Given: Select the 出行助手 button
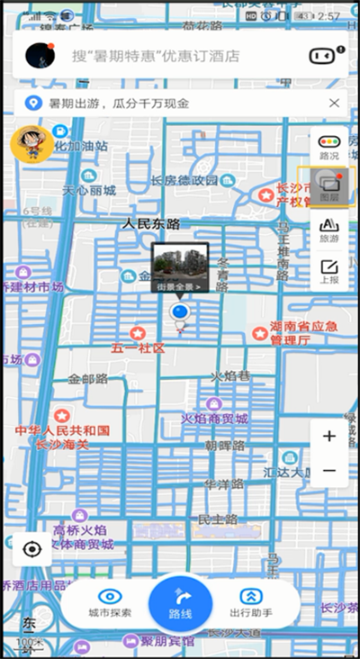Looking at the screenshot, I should point(253,596).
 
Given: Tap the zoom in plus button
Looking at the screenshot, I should point(328,437).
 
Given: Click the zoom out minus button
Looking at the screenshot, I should point(328,471).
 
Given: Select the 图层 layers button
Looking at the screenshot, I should point(329,186).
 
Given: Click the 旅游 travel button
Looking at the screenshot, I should point(329,228).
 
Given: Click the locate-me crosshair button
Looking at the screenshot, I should point(33,548).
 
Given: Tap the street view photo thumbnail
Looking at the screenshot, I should point(180,263).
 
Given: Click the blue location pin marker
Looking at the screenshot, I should point(180,313).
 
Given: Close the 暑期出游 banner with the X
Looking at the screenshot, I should point(334,104).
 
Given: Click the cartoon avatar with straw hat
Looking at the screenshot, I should point(31,143).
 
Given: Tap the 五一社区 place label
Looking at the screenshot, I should point(138,348).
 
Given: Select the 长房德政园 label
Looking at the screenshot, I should point(185,181).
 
